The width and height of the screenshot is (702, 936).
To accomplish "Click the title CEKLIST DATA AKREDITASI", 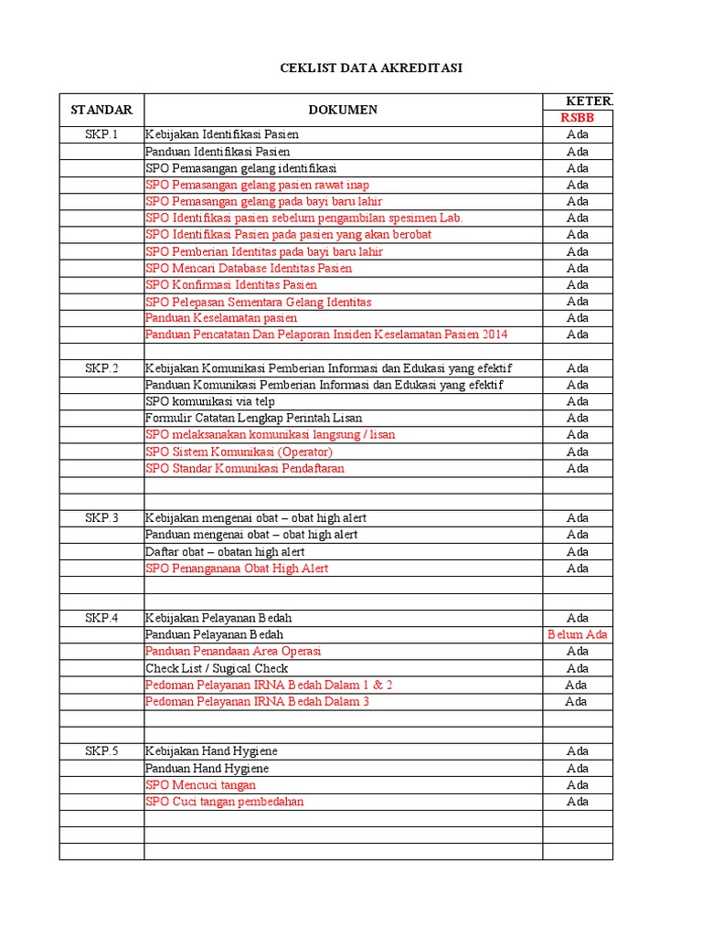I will tap(371, 69).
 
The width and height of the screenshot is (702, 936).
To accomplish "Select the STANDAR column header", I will tap(101, 110).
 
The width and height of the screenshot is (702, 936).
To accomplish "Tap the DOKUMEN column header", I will tap(343, 110).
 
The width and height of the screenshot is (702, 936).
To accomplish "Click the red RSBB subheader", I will tap(578, 118).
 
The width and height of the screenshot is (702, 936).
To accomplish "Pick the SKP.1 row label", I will tap(101, 134).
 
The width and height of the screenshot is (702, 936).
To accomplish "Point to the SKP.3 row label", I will tap(101, 517).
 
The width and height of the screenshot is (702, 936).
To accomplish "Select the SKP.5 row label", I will tap(101, 751).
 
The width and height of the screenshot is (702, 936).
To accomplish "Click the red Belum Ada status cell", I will tap(578, 634).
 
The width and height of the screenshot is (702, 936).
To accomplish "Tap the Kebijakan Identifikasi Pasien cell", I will tap(222, 134).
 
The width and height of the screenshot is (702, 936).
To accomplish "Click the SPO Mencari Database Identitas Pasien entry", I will tap(249, 268).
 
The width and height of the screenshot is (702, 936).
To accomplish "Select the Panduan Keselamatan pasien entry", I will tap(221, 318).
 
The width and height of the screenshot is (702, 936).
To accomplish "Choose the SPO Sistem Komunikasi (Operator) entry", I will tap(239, 452).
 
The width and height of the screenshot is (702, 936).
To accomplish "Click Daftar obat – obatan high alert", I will tap(225, 551).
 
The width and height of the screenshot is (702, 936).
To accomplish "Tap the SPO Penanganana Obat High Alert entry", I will tap(237, 568).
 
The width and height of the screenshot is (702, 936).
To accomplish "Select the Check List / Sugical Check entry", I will tap(217, 668).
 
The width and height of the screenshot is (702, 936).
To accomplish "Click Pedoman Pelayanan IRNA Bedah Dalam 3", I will tap(257, 702).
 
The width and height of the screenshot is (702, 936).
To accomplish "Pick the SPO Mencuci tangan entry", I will tap(201, 785).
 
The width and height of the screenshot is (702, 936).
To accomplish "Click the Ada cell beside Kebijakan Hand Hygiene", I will tap(578, 751).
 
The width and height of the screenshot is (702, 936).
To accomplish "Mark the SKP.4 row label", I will tap(101, 618).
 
